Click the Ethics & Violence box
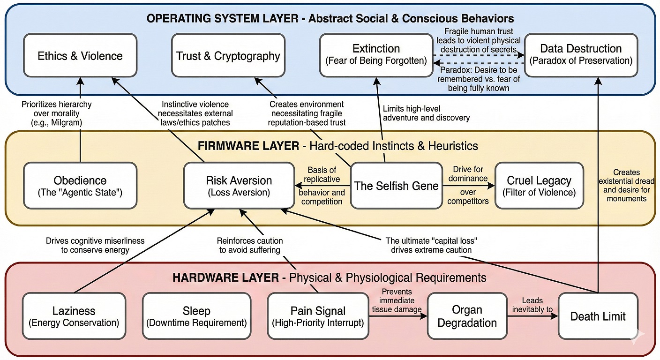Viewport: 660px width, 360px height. coord(80,55)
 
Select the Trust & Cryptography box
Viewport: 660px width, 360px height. coord(228,55)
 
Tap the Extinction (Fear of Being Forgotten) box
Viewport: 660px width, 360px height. coord(376,54)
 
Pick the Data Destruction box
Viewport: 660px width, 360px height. coord(580,54)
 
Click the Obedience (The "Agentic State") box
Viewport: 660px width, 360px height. coord(80,186)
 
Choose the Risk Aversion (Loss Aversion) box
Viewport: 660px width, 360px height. coord(239,186)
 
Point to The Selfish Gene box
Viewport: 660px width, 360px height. coord(396,186)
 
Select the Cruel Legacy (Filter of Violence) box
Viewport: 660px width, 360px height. coord(539,186)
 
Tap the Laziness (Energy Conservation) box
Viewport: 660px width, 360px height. coord(74,316)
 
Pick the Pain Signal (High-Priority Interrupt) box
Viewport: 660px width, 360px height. coord(318,316)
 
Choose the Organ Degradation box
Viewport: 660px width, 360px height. coord(467,316)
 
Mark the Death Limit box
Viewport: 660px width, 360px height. coord(598,316)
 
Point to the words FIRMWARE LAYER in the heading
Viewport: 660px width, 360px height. coord(248,146)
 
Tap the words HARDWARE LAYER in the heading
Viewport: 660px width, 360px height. coord(225,277)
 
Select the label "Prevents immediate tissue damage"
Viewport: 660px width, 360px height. coord(397,300)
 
